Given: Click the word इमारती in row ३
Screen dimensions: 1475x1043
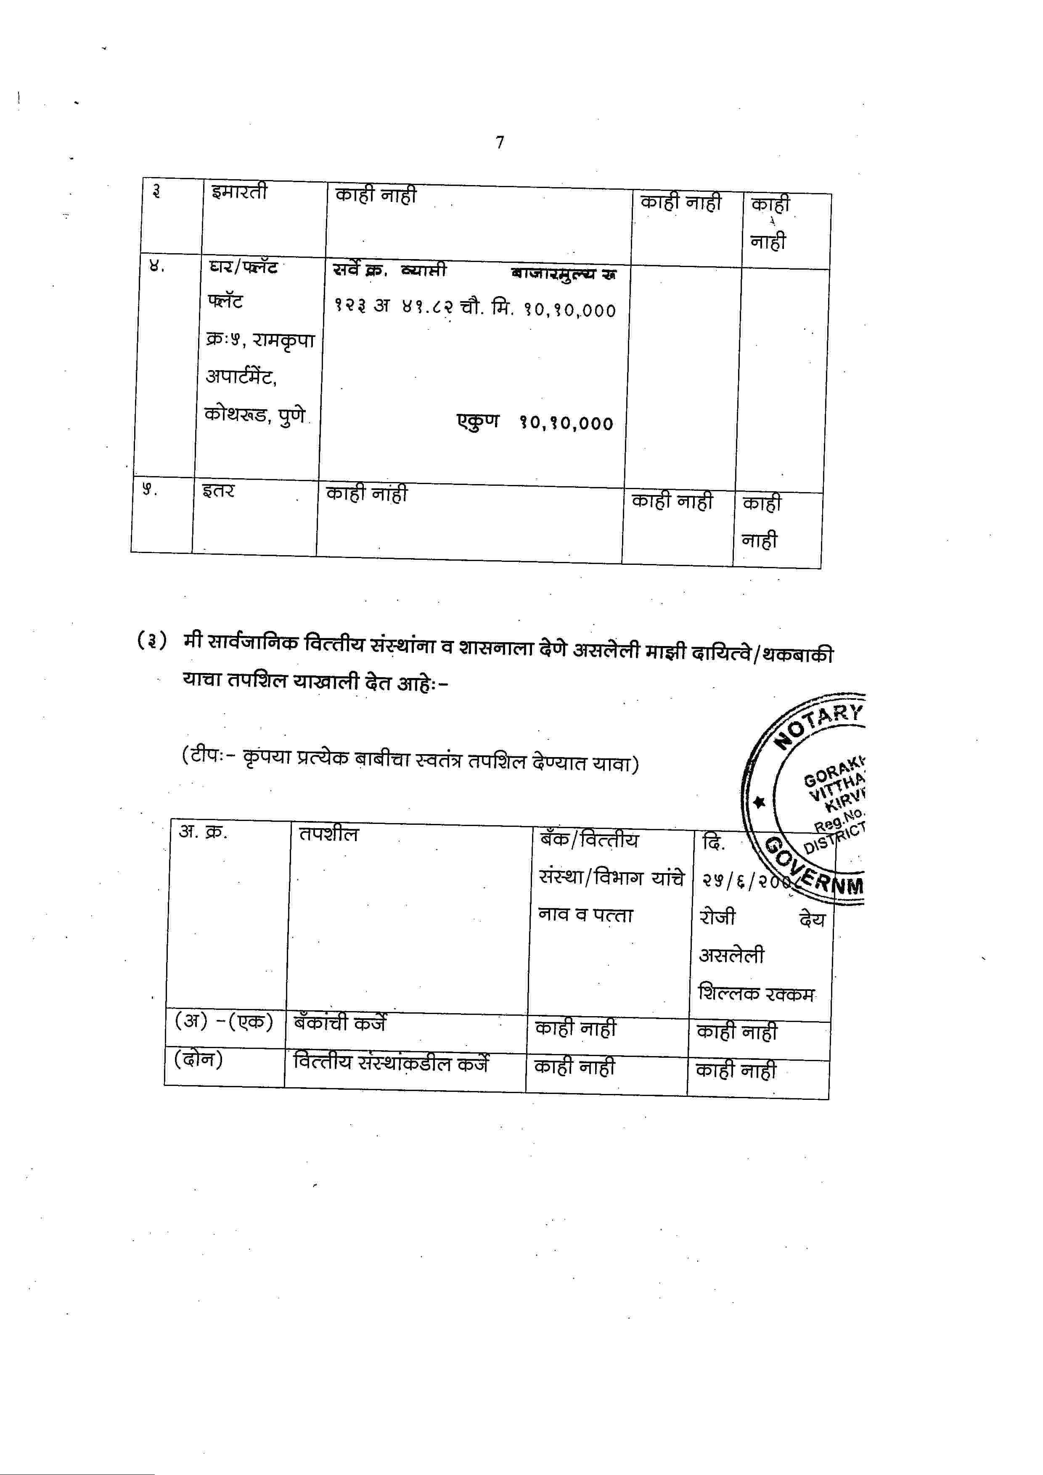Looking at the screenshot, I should (x=239, y=191).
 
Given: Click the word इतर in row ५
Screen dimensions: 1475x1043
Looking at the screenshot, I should (x=218, y=491).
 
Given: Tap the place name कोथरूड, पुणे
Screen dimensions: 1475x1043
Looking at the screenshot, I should (x=255, y=414).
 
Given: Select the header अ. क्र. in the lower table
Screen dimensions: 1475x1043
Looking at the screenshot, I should (x=203, y=832).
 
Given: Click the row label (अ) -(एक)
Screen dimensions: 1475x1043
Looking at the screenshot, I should (x=223, y=1021).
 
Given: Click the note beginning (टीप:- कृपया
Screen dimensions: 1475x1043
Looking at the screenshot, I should (x=410, y=760).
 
